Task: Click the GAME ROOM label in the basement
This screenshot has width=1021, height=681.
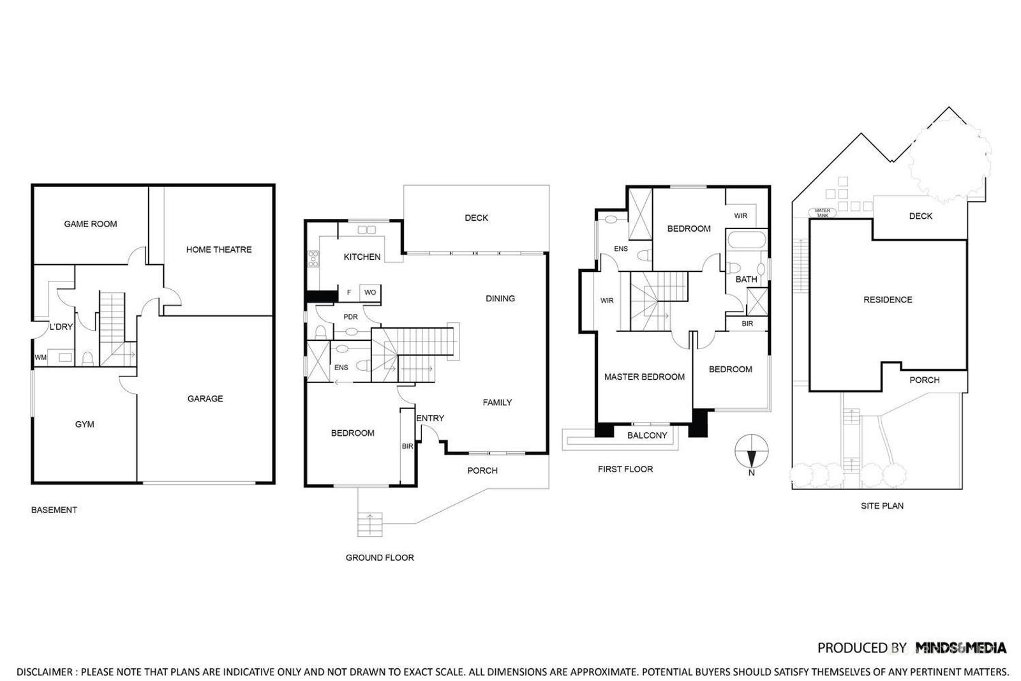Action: pos(91,224)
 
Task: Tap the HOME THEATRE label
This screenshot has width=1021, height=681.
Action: pos(219,250)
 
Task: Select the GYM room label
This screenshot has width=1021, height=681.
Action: pos(84,424)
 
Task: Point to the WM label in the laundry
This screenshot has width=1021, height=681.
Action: pos(40,358)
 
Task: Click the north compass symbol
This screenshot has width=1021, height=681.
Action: pos(752,451)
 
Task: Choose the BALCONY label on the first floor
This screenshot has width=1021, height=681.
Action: pos(647,435)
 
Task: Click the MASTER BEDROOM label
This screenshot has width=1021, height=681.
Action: pos(645,377)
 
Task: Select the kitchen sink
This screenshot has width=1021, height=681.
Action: pos(367,230)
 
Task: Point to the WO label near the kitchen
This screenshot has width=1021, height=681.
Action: pos(370,293)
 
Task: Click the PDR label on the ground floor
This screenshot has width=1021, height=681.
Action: pos(350,317)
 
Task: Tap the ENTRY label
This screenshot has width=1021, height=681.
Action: pos(430,419)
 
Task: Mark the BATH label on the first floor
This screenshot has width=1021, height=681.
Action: pos(746,280)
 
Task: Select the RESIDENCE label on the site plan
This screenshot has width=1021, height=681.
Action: pos(888,300)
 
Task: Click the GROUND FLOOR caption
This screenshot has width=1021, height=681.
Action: pos(380,558)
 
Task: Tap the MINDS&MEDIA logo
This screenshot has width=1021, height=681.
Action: pos(961,648)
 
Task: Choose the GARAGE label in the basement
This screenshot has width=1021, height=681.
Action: pos(205,399)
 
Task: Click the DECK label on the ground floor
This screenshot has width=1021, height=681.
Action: pos(476,218)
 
